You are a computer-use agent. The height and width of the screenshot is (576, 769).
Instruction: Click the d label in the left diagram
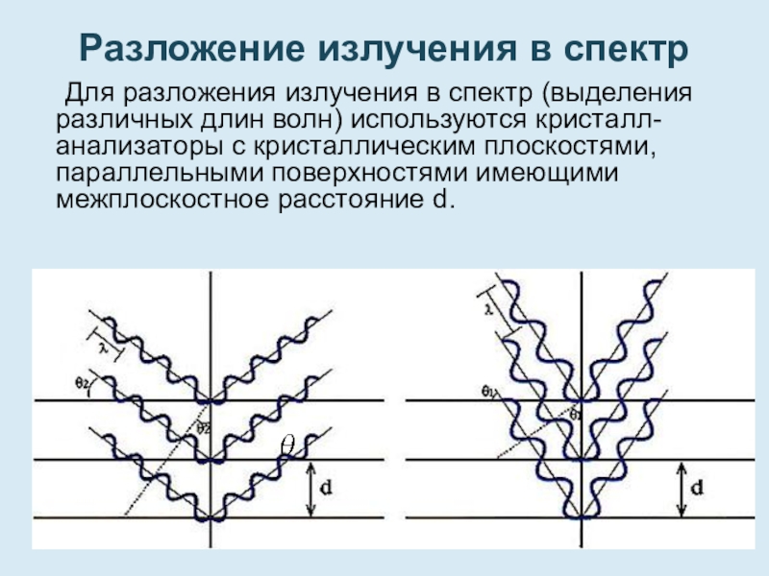click(x=327, y=489)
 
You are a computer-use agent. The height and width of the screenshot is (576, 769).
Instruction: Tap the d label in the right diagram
click(x=699, y=488)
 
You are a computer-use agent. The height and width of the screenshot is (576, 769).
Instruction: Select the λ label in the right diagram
click(x=491, y=308)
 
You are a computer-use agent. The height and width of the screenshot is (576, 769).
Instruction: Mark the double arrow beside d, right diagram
click(x=682, y=490)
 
